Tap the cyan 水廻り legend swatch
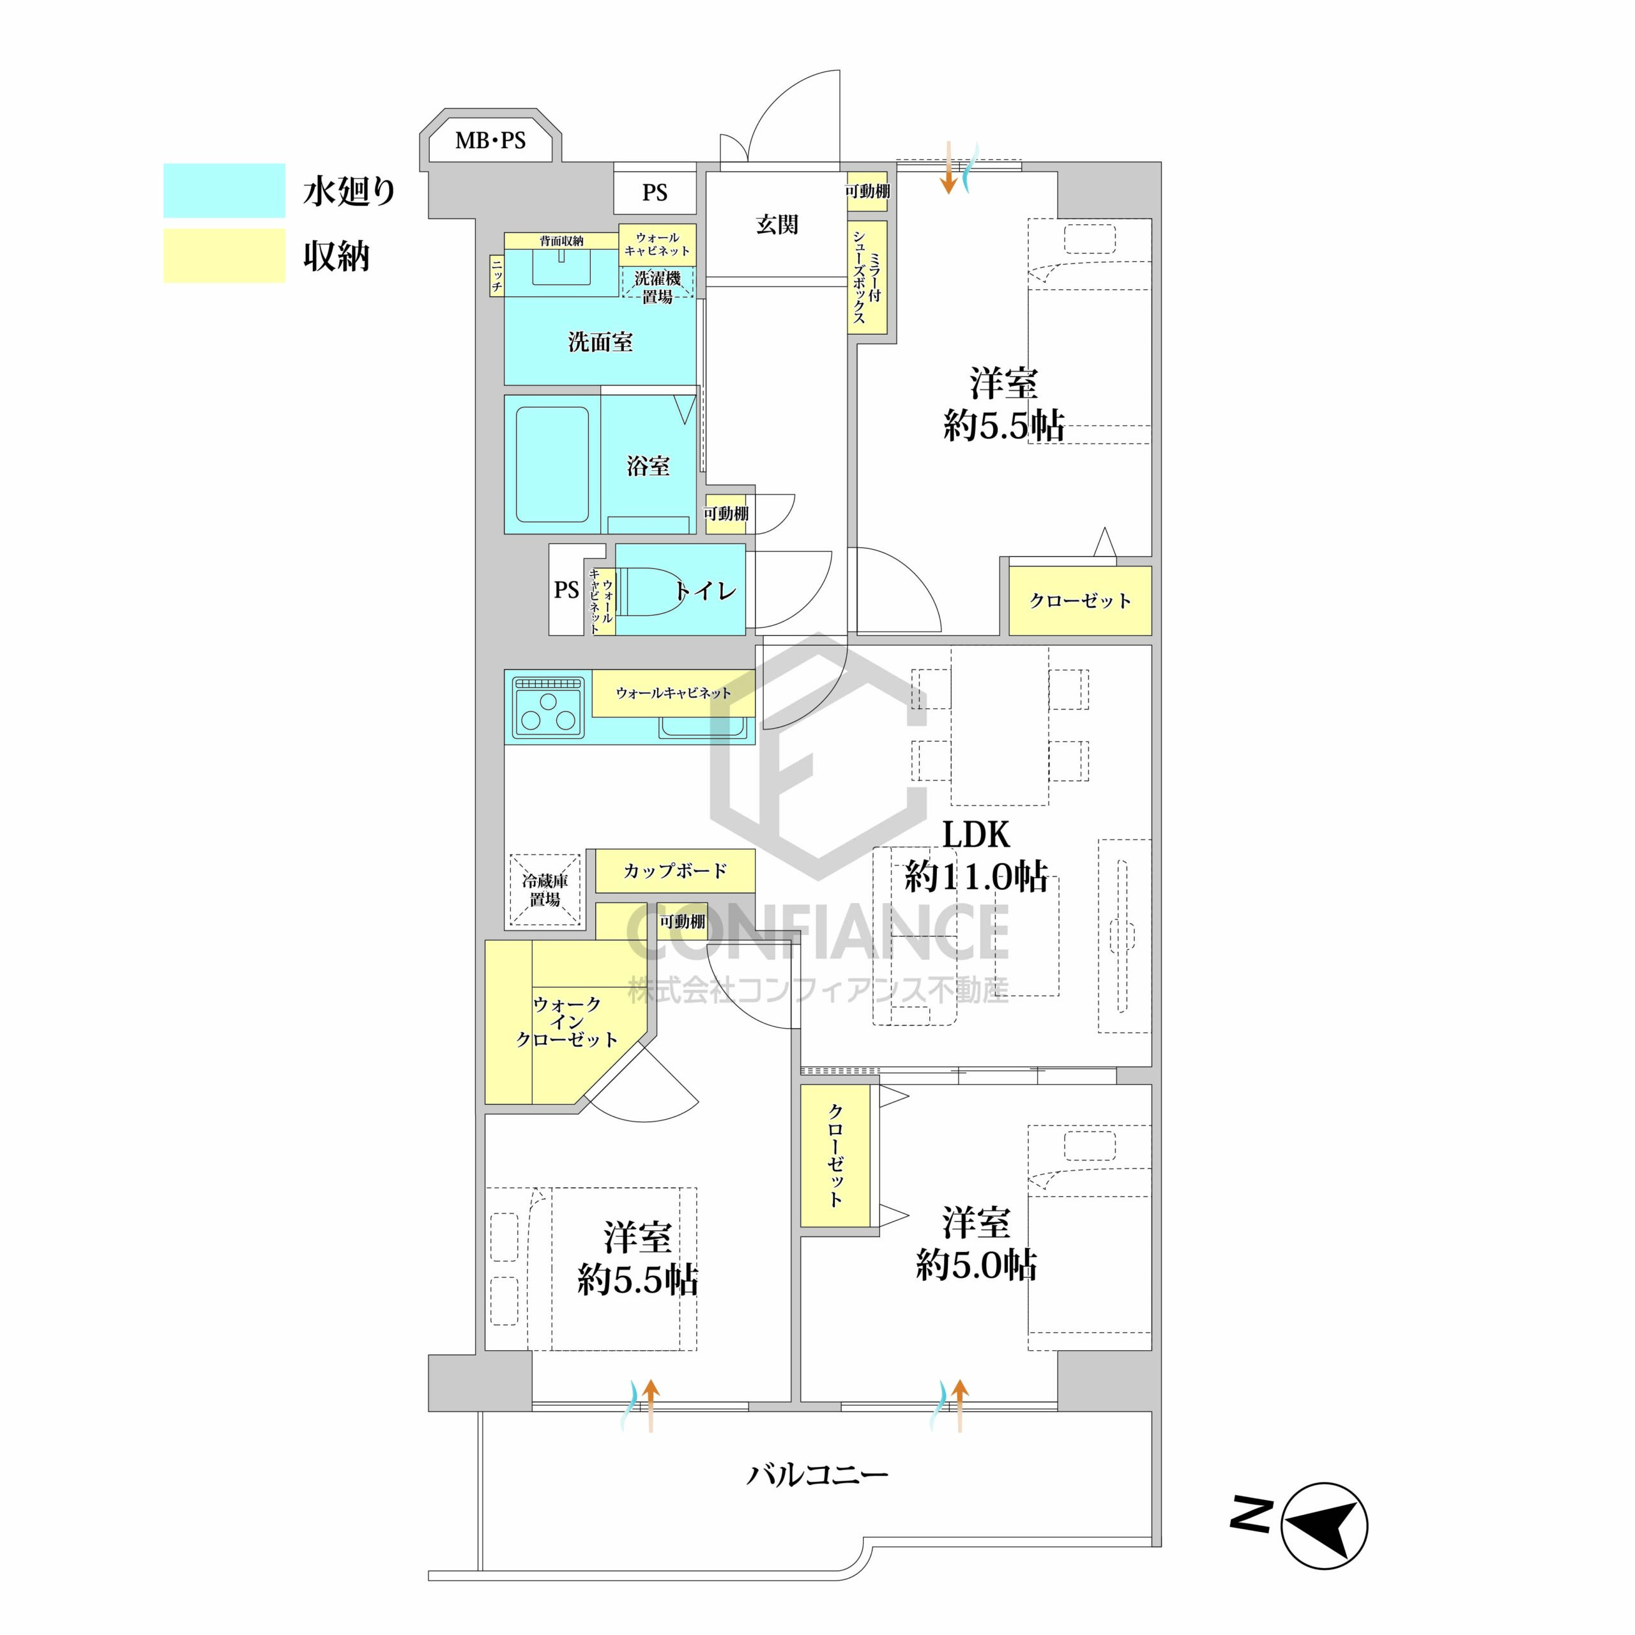coord(224,190)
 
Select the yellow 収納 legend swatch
coord(224,255)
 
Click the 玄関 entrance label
coord(777,224)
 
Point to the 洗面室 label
coord(600,342)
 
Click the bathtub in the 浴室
coord(552,466)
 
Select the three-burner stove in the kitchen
coord(549,708)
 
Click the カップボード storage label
coord(675,871)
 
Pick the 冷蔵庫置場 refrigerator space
coord(545,890)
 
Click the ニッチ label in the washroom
coord(497,275)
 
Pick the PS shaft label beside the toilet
coord(566,590)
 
